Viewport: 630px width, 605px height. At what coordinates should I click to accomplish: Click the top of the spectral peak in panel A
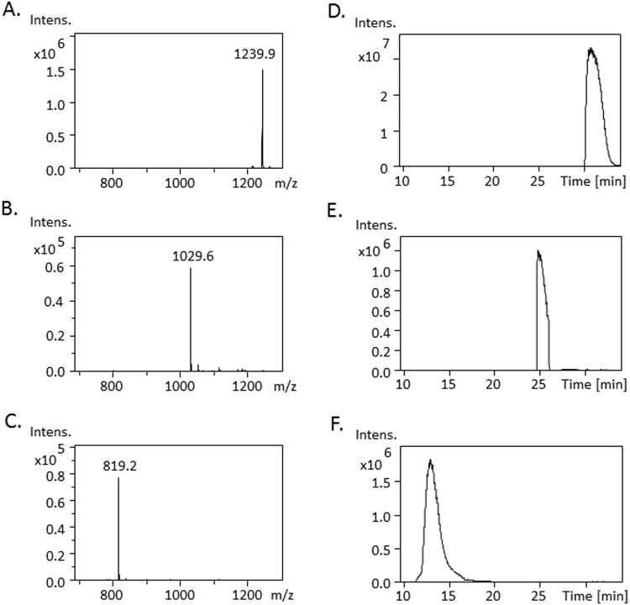pyautogui.click(x=262, y=70)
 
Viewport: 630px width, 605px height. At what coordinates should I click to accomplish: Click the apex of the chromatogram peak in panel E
pyautogui.click(x=538, y=250)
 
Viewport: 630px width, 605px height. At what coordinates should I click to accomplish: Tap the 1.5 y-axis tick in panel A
pyautogui.click(x=60, y=71)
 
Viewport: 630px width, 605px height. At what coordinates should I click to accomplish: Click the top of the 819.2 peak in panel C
pyautogui.click(x=118, y=477)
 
